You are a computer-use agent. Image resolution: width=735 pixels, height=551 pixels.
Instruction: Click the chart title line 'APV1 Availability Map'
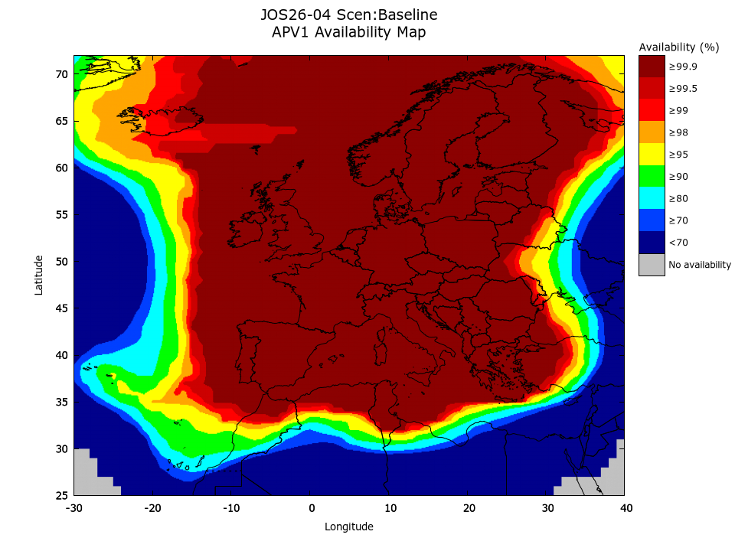[x=348, y=32]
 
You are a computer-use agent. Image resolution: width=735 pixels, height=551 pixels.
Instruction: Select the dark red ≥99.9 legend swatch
[x=652, y=67]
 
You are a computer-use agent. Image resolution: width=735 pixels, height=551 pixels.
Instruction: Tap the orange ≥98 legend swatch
[x=652, y=132]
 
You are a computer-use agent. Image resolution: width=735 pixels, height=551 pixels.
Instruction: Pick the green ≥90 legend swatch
[x=652, y=177]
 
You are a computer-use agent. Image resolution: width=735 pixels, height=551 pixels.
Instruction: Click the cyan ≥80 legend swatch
[x=652, y=199]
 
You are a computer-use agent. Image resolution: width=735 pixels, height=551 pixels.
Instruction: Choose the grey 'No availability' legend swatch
[x=652, y=265]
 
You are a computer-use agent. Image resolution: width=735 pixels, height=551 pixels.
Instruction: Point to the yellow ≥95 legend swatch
[x=652, y=155]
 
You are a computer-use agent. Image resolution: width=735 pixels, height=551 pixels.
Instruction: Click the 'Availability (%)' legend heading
[x=679, y=47]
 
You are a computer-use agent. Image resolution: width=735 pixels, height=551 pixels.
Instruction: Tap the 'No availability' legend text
[x=700, y=266]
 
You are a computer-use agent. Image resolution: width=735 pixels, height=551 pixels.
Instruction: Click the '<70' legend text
[x=678, y=243]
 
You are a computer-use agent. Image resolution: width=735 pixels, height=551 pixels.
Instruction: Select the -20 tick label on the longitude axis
[x=152, y=508]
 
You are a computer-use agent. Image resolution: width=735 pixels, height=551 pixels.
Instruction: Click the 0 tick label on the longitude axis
[x=311, y=508]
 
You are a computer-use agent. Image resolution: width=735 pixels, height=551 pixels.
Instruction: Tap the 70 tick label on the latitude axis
[x=61, y=74]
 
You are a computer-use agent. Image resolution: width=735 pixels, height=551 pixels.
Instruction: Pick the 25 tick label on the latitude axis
[x=61, y=495]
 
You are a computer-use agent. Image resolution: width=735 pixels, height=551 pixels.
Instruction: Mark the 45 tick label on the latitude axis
[x=61, y=308]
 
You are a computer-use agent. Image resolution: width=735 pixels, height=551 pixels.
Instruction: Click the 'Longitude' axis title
[x=349, y=527]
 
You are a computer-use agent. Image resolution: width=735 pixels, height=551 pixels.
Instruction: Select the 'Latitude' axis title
[x=39, y=275]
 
